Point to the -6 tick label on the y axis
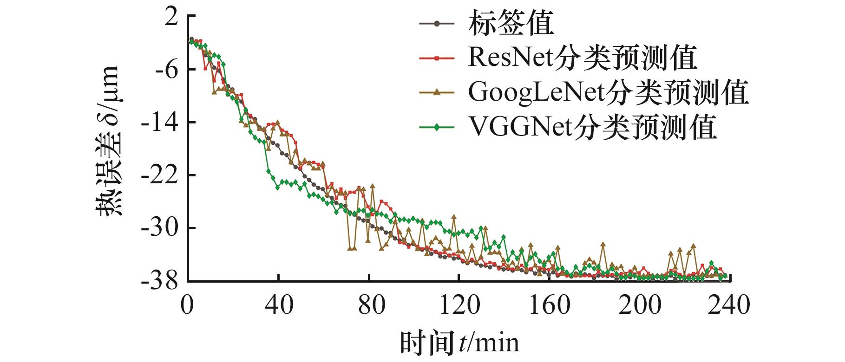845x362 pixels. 165,70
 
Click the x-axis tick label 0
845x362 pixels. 188,305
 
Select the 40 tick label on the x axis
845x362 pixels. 279,305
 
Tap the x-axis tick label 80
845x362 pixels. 369,305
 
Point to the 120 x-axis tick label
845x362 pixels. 459,305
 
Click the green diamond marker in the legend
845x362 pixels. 436,128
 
